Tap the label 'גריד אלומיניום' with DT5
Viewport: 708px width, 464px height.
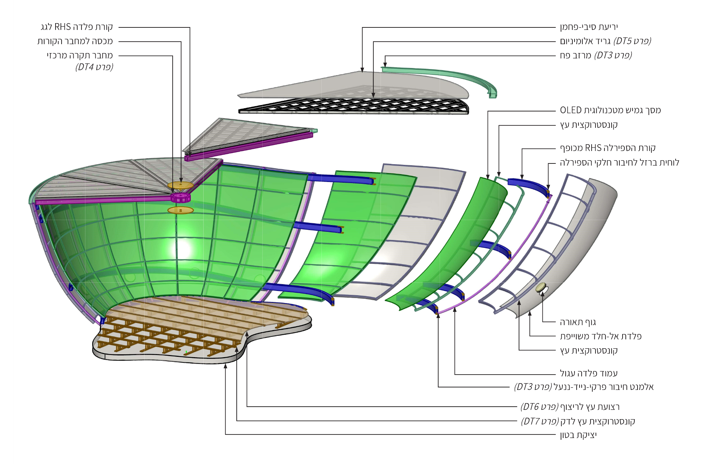click(585, 41)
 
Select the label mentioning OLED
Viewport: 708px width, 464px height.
click(610, 110)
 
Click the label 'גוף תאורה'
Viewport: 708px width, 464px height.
click(577, 322)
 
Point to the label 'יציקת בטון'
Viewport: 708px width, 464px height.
click(578, 435)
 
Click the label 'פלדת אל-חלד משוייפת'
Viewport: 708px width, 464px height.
click(601, 336)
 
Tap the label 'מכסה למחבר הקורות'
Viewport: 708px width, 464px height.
click(75, 41)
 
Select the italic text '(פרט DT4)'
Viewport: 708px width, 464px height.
click(94, 67)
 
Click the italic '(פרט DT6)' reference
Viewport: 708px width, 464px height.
click(539, 407)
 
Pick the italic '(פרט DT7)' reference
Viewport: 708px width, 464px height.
click(540, 422)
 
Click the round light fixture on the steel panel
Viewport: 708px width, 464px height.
click(540, 287)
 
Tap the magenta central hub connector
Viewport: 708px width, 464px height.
click(180, 198)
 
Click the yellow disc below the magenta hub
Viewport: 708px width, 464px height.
click(180, 210)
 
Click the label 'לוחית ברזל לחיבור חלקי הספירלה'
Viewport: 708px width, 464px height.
click(619, 163)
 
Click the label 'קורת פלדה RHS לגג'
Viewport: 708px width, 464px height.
click(77, 27)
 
